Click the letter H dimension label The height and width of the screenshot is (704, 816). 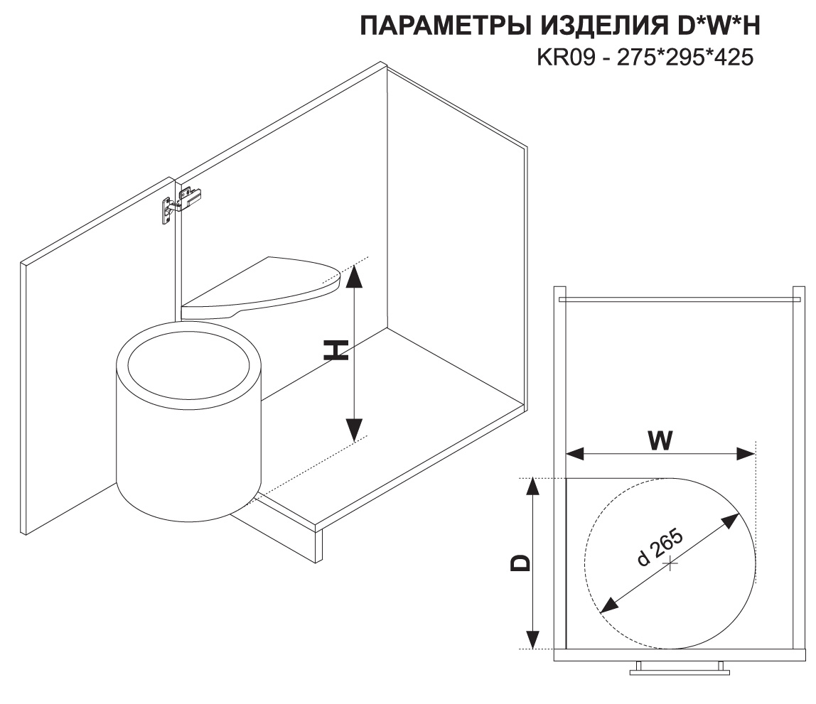click(335, 350)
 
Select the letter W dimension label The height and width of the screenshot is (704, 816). click(660, 441)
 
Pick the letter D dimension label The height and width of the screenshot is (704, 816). click(521, 563)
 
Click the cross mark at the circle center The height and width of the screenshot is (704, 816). click(670, 563)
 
